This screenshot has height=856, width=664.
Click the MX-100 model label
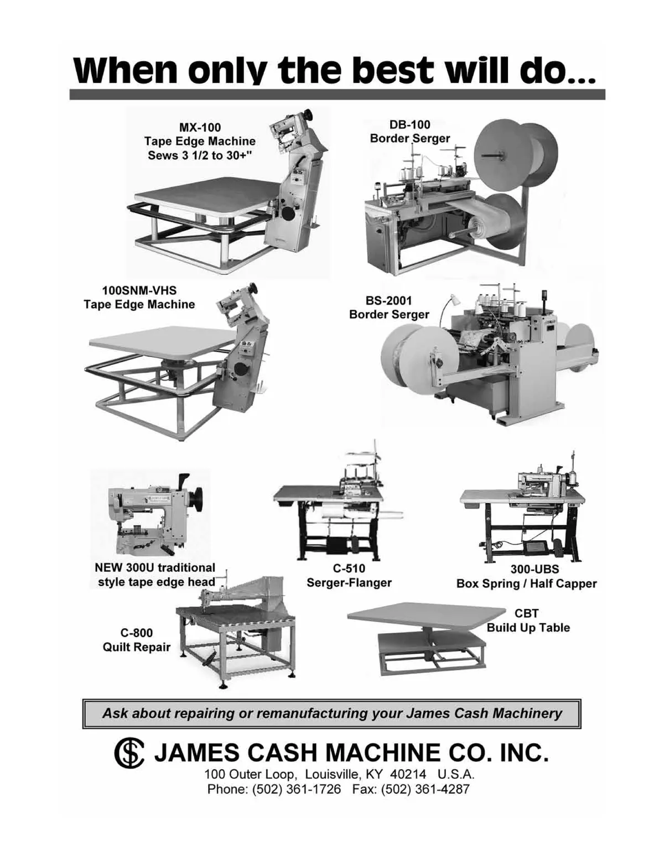click(x=200, y=127)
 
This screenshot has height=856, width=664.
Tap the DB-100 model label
click(x=409, y=124)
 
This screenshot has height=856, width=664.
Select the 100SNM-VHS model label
click(x=139, y=290)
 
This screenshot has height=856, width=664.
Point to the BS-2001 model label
click(x=388, y=301)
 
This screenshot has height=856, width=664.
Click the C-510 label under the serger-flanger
click(x=349, y=568)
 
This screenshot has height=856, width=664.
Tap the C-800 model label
click(x=136, y=633)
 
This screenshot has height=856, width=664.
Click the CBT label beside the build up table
click(x=526, y=613)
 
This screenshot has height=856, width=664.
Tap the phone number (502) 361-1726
click(x=297, y=790)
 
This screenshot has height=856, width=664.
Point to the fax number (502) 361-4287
click(x=425, y=790)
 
